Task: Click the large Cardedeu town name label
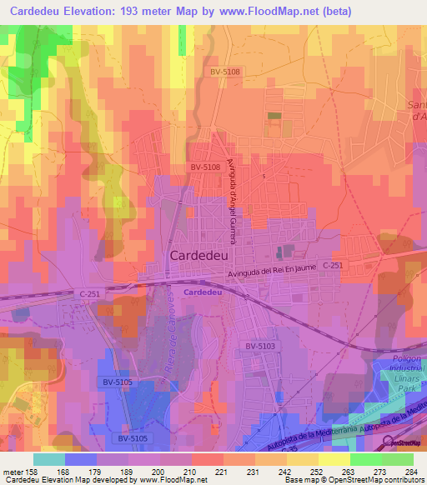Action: point(203,256)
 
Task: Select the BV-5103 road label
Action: point(260,345)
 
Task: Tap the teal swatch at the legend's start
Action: point(48,458)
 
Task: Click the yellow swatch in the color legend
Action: point(334,458)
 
